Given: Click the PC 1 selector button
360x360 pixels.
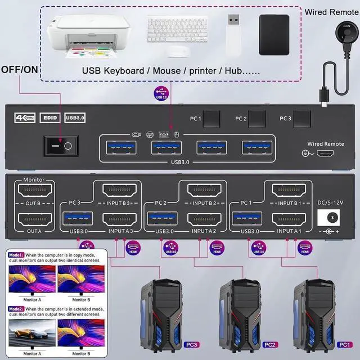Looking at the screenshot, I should tap(211, 119).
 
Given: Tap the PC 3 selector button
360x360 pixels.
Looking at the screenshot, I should tap(301, 119).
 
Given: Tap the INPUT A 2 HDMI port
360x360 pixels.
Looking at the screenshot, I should tap(203, 218).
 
